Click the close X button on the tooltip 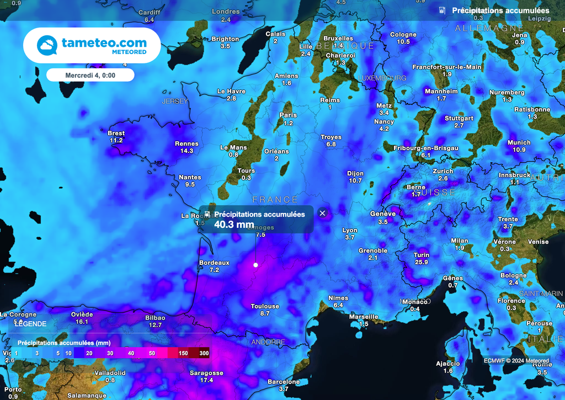point(323,213)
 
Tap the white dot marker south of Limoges point(255,265)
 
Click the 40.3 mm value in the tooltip point(234,224)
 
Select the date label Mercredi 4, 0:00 point(90,75)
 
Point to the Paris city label point(288,115)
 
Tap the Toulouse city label point(265,306)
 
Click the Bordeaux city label point(214,263)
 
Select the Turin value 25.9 point(422,262)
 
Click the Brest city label point(116,133)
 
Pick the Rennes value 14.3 point(186,151)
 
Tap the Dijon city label point(355,173)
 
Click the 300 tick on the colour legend point(204,353)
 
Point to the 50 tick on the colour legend point(152,353)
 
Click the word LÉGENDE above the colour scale point(30,324)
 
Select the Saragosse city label point(206,373)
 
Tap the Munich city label point(519,142)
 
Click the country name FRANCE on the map point(275,200)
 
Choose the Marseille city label point(364,317)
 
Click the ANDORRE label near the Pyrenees point(268,342)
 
